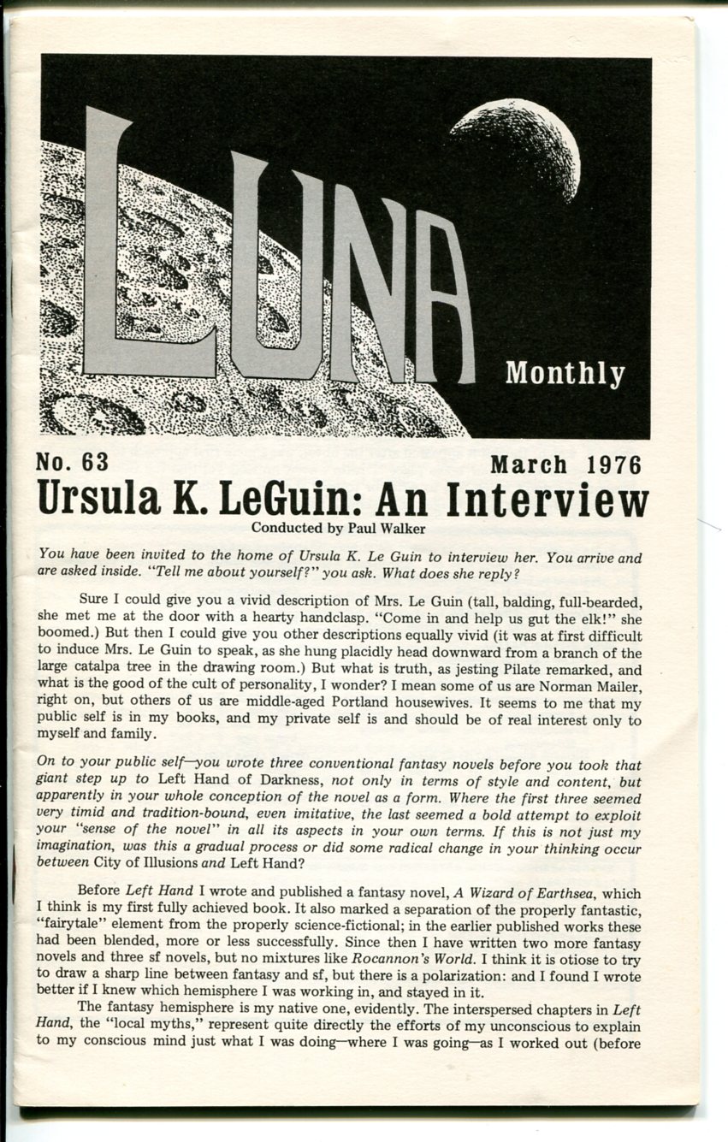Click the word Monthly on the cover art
[x=565, y=374]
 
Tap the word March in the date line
[x=529, y=465]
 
